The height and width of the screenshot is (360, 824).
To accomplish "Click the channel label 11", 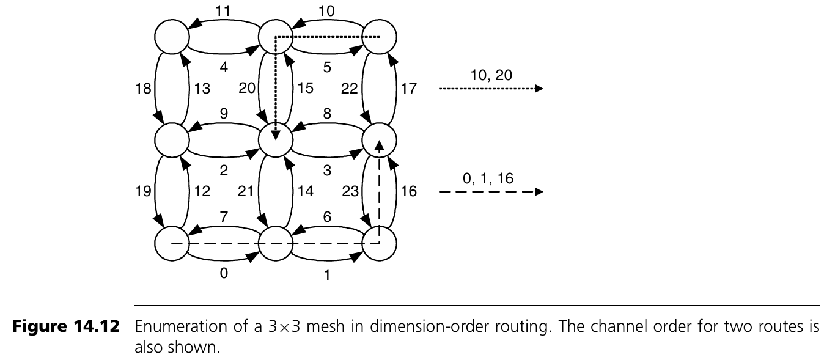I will point(223,10).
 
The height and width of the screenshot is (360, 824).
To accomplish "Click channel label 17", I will point(409,89).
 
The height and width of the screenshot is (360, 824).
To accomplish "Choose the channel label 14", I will point(306,193).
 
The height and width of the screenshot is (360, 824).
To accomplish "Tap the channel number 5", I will point(327,67).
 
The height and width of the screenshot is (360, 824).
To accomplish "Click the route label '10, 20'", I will point(490,75).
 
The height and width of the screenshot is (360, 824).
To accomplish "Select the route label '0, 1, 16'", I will point(490,179).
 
